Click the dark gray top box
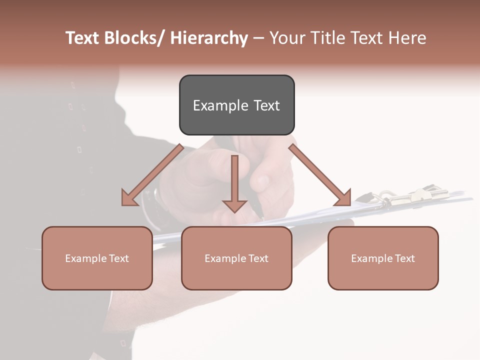click(x=236, y=105)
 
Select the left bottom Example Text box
click(x=97, y=258)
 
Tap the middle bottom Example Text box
click(x=236, y=258)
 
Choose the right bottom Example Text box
click(x=383, y=258)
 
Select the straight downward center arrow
click(x=234, y=182)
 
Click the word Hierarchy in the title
click(x=209, y=38)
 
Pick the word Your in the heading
click(x=288, y=38)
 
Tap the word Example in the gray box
click(x=220, y=105)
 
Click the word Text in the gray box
click(x=266, y=105)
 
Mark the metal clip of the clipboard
click(x=400, y=196)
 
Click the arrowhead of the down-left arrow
click(x=128, y=199)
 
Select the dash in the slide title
click(x=258, y=38)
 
